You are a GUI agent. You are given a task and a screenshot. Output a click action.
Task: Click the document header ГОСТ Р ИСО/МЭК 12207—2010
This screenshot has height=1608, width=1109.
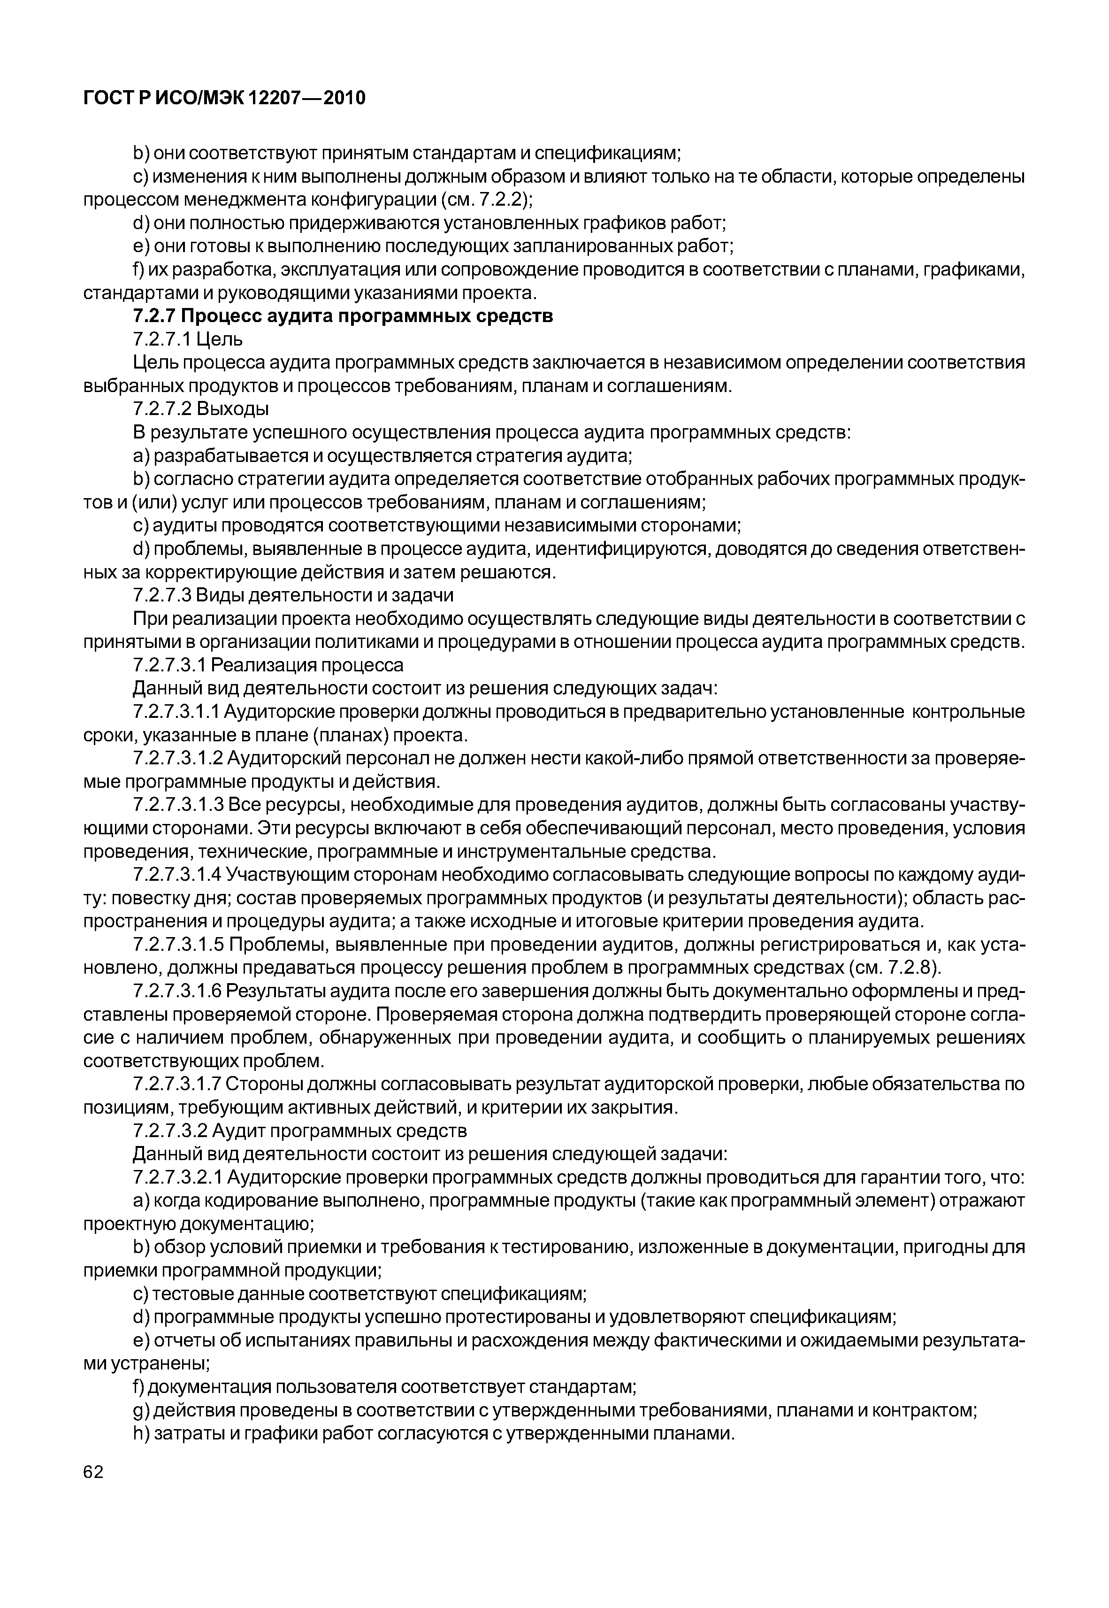[224, 98]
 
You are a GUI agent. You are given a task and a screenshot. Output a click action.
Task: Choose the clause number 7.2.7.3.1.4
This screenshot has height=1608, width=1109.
[177, 875]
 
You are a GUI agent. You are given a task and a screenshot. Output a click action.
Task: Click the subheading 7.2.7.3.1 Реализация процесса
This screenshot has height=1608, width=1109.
[268, 666]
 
